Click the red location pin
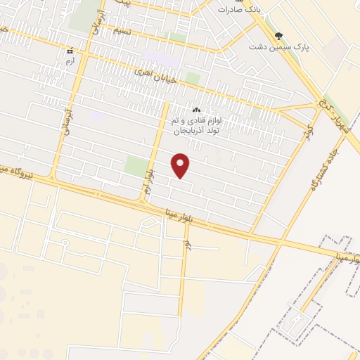tap(181, 165)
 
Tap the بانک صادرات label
tap(238, 10)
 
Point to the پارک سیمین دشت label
tap(280, 46)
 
